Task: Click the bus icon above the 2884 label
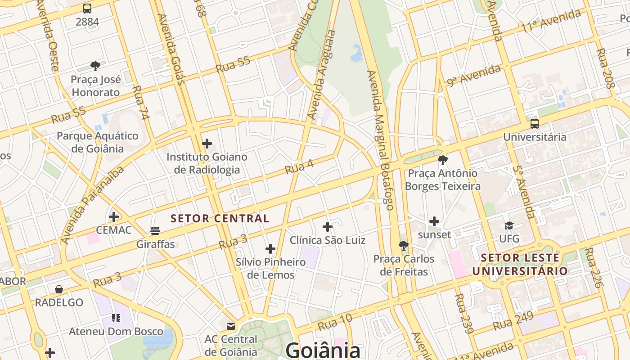pos(87,8)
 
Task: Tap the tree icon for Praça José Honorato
pos(95,66)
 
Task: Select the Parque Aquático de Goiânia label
pos(97,142)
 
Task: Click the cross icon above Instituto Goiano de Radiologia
pos(207,144)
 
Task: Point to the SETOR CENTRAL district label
pos(220,219)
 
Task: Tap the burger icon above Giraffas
pos(155,231)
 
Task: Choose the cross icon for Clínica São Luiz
pos(328,226)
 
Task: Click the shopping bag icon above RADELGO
pos(59,289)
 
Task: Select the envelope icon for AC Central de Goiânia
pos(231,325)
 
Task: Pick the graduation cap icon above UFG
pos(509,225)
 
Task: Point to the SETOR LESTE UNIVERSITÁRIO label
pos(520,265)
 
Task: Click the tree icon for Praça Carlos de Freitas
pos(404,246)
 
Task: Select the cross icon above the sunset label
pos(434,221)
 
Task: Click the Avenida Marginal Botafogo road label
pos(380,139)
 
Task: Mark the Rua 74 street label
pos(141,103)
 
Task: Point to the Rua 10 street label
pos(335,323)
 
